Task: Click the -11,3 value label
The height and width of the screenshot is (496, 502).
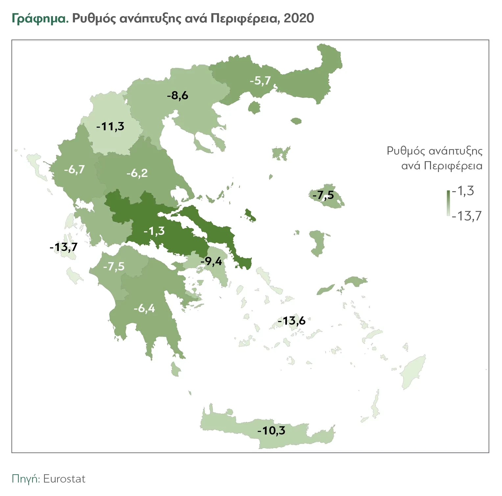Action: [x=110, y=126]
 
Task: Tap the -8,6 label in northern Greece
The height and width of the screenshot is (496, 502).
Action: [x=178, y=96]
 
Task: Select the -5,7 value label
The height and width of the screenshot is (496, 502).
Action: [x=260, y=81]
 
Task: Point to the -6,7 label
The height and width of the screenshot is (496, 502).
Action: [x=74, y=170]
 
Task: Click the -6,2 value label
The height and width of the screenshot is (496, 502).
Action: [x=137, y=173]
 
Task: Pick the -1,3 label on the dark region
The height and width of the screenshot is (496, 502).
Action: [x=154, y=231]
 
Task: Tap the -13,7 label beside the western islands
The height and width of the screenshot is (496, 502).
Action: [x=63, y=247]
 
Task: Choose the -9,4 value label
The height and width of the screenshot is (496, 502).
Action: [x=211, y=261]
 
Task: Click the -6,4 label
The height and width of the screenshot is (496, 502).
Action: [x=144, y=309]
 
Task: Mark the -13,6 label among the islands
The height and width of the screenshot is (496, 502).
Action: [x=292, y=321]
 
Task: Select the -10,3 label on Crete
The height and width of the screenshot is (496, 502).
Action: [x=271, y=431]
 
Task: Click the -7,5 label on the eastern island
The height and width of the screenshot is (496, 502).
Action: [x=323, y=195]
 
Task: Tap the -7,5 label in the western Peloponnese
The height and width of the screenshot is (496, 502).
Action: [x=114, y=266]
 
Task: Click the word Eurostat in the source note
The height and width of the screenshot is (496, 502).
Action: [x=64, y=479]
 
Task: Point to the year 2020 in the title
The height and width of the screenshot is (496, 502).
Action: [x=299, y=18]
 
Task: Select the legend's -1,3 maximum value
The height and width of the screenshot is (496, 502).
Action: [x=463, y=191]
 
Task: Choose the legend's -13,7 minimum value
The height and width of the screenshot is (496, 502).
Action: [x=466, y=216]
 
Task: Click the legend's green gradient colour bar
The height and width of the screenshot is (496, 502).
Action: [x=448, y=203]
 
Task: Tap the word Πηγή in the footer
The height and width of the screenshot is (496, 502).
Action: [x=25, y=479]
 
